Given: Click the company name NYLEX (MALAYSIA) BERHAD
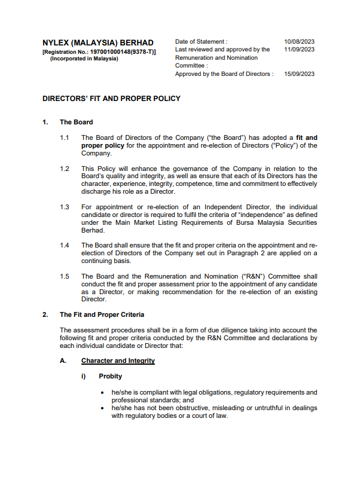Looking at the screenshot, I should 98,43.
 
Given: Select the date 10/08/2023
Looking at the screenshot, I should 300,42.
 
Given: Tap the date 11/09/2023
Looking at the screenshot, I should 300,50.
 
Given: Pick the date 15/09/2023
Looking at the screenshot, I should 300,74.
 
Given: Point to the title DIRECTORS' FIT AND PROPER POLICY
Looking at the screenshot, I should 111,99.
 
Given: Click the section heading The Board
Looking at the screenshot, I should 76,122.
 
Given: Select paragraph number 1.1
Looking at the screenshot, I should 65,138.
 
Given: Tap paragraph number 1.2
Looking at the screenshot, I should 65,169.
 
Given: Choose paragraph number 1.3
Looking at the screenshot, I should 65,207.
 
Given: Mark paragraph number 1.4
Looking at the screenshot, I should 65,245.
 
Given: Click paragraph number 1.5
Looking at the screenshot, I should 65,276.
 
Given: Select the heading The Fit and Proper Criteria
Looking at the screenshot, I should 102,314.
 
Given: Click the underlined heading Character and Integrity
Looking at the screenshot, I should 118,361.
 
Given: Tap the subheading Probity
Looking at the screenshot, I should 111,377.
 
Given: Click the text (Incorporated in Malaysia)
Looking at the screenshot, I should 84,59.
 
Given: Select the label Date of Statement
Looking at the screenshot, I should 201,42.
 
